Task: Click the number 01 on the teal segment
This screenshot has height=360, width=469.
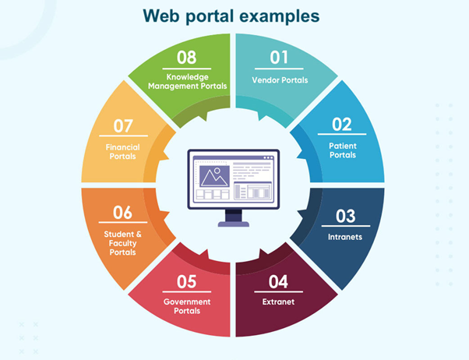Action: point(279,57)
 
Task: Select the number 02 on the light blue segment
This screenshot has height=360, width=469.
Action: point(341,124)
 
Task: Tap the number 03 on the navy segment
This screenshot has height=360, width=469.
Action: point(345,216)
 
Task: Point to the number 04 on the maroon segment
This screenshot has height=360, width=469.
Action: point(278,281)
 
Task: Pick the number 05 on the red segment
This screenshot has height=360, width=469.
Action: point(187,281)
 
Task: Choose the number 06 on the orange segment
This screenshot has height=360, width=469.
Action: point(122,213)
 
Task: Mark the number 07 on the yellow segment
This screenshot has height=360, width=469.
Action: point(123,126)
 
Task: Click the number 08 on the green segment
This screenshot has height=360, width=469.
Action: point(187,57)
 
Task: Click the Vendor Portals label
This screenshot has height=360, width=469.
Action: point(280,80)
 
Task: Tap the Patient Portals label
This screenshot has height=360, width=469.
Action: point(343,150)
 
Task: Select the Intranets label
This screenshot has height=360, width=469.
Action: point(345,237)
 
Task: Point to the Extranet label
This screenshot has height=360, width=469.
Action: point(278,302)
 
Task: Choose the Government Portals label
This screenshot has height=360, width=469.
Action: point(187,306)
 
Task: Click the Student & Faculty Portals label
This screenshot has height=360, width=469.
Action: point(122,243)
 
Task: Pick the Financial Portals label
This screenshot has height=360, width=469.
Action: point(122,152)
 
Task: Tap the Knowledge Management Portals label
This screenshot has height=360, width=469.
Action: point(188,82)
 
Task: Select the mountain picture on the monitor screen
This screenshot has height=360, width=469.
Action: point(214,176)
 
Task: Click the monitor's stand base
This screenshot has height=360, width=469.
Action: point(234,224)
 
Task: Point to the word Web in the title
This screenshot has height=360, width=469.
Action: point(161,16)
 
